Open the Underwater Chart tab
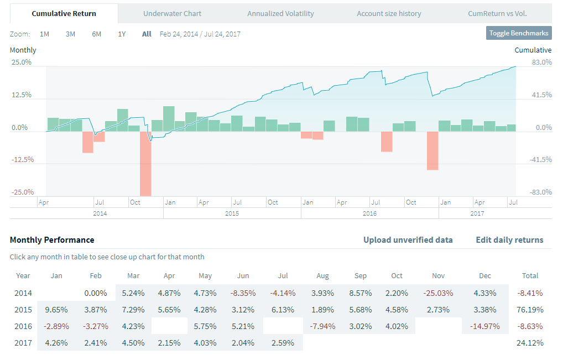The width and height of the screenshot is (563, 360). (x=172, y=13)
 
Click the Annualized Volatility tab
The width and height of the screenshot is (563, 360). (x=280, y=13)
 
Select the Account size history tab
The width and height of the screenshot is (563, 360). (x=389, y=13)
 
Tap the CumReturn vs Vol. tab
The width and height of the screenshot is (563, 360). (x=497, y=13)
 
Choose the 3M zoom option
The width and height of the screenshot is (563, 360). (x=70, y=34)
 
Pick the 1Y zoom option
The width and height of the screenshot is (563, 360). (x=122, y=34)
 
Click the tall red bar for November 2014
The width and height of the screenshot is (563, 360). (x=145, y=163)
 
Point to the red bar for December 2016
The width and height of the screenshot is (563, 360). (x=432, y=150)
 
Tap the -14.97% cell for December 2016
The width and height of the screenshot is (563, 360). (x=484, y=326)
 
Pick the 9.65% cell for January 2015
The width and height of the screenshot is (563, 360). (x=56, y=310)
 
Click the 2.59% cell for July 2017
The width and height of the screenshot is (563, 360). (x=284, y=343)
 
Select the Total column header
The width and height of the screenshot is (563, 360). (x=530, y=275)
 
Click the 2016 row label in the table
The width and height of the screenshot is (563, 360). (x=23, y=326)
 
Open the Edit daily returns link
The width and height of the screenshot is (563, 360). (x=509, y=240)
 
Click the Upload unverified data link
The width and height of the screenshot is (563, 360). (x=408, y=240)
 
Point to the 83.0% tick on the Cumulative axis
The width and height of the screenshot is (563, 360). (x=541, y=62)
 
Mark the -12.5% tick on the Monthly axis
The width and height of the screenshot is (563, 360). (x=22, y=160)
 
